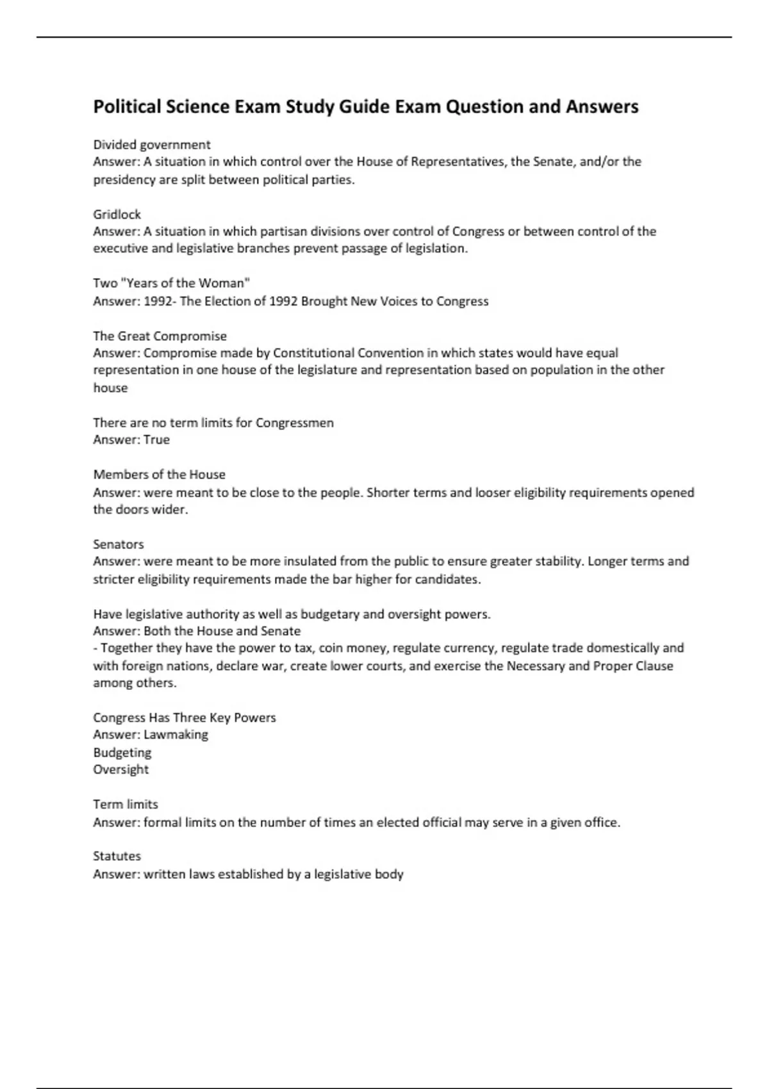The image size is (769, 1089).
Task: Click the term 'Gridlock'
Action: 117,214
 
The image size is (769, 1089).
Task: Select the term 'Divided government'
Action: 152,145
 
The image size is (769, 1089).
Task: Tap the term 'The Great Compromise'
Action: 160,336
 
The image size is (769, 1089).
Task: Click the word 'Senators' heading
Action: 119,544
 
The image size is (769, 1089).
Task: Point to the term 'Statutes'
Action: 117,856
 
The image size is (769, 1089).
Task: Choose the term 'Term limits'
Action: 126,804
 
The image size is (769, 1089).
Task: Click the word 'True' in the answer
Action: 157,439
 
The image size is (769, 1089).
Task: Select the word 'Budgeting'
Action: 122,752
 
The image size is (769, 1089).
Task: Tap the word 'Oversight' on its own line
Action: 120,769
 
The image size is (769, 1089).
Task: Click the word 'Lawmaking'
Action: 176,734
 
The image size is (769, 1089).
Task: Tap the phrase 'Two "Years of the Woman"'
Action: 171,283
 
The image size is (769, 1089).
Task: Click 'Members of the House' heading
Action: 159,474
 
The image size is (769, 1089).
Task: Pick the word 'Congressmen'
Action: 295,423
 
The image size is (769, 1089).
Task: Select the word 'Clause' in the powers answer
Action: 654,666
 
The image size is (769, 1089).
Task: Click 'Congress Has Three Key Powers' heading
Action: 185,717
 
